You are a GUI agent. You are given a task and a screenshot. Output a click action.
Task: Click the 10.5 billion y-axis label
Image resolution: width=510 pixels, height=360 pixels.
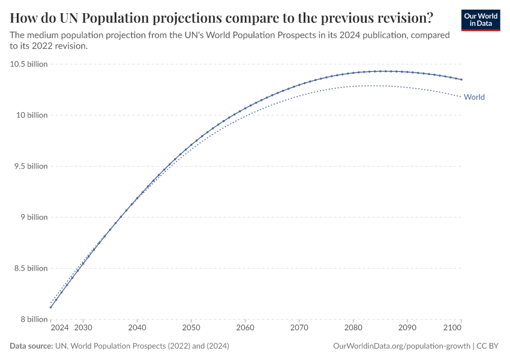pos(29,64)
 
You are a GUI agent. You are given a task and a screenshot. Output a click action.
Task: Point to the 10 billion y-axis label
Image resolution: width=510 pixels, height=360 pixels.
pos(31,115)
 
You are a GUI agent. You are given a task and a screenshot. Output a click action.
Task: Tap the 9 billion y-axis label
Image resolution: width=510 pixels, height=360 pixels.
pos(34,217)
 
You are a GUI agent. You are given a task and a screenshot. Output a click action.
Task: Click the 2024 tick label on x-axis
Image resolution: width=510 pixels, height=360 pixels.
pos(59,328)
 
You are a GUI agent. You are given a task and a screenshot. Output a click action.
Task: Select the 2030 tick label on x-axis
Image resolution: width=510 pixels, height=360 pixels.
pos(83,328)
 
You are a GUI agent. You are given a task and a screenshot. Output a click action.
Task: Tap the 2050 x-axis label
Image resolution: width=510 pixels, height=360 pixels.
pos(191,328)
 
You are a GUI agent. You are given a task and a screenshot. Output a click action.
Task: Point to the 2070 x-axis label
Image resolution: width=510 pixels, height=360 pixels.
pos(299,328)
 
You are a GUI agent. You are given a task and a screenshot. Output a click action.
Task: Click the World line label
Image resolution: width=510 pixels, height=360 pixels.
pos(474,97)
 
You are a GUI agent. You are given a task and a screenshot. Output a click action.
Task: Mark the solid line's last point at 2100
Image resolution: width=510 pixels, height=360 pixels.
pos(461,79)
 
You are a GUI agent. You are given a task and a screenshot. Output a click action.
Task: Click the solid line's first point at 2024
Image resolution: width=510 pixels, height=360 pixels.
pos(51,308)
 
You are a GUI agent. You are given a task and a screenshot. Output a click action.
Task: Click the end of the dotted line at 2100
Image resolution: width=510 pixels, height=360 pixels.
pos(461,97)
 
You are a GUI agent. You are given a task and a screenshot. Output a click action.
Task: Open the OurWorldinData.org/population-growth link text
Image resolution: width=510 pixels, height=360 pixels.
pos(401,346)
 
